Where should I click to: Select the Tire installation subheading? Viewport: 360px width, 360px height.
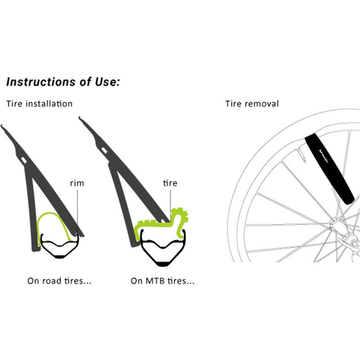(x=40, y=104)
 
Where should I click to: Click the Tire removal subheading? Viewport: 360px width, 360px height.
(x=252, y=104)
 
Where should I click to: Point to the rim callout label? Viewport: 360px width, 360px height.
(x=77, y=183)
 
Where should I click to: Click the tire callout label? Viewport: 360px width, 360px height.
(x=170, y=183)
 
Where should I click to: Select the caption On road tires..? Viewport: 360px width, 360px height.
(x=59, y=281)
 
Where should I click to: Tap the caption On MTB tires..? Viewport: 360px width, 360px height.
(x=162, y=281)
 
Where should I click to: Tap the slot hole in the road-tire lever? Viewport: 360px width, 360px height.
(x=24, y=160)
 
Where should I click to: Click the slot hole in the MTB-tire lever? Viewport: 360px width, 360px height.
(x=104, y=150)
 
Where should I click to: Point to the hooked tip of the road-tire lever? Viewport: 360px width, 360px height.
(x=2, y=127)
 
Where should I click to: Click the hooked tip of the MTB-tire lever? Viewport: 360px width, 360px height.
(x=80, y=119)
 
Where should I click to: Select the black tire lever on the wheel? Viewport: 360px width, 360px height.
(x=329, y=169)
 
